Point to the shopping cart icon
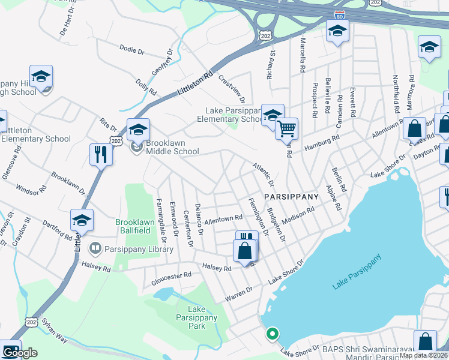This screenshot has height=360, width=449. (x=287, y=128)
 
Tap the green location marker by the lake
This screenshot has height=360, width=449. (x=272, y=333)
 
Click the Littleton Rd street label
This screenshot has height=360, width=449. (x=196, y=84)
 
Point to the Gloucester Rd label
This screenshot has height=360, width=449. (x=171, y=275)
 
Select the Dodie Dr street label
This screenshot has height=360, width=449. (x=133, y=51)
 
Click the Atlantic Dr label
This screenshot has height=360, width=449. (x=263, y=173)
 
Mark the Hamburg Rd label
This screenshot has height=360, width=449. (x=321, y=145)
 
